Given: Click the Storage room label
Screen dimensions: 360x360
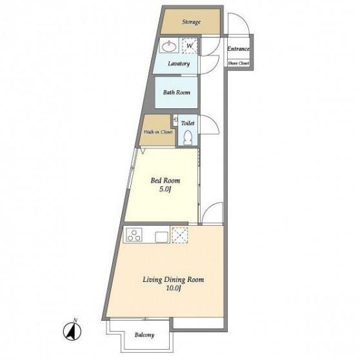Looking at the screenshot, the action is [x=191, y=22].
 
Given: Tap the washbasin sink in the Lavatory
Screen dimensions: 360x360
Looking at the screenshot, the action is [x=170, y=46].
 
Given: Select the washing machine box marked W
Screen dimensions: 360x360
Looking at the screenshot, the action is [x=190, y=46].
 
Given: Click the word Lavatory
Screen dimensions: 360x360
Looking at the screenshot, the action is [x=179, y=64].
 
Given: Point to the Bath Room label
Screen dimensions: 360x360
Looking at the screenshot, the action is [x=177, y=92].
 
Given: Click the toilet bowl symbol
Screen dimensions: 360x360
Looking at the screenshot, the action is [x=188, y=138].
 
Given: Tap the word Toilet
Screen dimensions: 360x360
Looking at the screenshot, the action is [x=188, y=123].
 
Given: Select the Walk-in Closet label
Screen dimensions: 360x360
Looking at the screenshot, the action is [x=158, y=132].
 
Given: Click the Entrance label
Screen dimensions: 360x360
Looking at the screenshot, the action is [x=238, y=49].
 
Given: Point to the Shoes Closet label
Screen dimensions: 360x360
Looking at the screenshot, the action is [x=239, y=63].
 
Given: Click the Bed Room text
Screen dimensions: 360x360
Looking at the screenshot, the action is [x=165, y=181].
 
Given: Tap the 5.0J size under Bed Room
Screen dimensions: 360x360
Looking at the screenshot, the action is [x=165, y=189].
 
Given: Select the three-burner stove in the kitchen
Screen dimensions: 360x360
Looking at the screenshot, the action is [x=133, y=235].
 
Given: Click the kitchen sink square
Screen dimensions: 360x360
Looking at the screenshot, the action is [x=162, y=237].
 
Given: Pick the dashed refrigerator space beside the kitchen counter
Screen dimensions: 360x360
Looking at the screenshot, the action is [x=180, y=235].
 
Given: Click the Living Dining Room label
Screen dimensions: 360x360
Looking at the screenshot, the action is [x=174, y=279].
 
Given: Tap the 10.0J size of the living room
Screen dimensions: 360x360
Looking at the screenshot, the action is [x=174, y=288].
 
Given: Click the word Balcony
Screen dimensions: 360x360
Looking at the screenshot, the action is [x=145, y=335].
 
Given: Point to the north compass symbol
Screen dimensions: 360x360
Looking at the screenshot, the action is [x=72, y=331].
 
